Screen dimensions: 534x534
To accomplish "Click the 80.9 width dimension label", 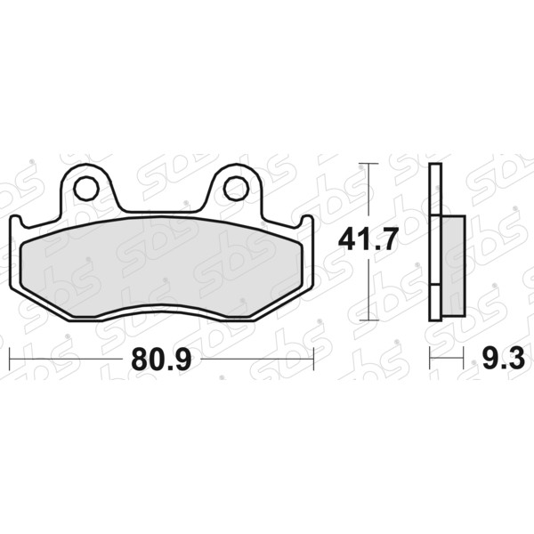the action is click(x=161, y=360).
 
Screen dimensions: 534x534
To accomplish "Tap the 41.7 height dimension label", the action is click(x=368, y=239).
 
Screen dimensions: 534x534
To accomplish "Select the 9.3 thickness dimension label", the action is click(x=504, y=359).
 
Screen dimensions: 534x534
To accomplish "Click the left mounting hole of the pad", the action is click(x=86, y=189).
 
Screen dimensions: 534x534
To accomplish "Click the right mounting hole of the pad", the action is click(x=236, y=189).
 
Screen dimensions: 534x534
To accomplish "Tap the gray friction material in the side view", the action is click(x=454, y=265).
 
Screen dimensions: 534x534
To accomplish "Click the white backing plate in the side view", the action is click(x=435, y=242).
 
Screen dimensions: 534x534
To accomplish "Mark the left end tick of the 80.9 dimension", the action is click(x=10, y=359).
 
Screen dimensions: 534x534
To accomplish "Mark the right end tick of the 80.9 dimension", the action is click(x=313, y=359).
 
